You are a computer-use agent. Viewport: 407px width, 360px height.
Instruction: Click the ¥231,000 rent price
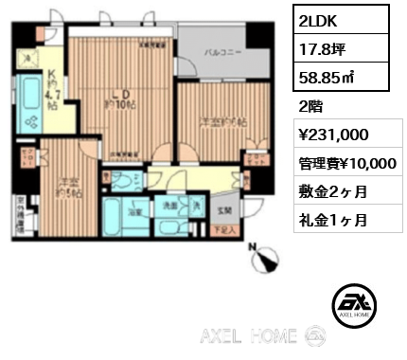pos(327,135)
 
